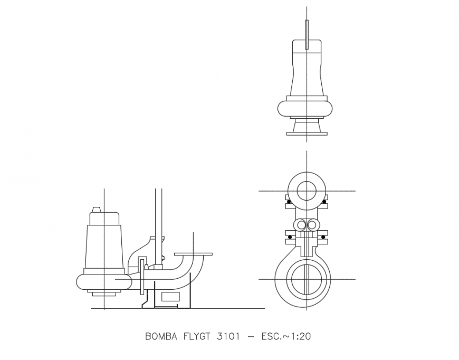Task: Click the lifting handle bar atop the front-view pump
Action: [x=307, y=35]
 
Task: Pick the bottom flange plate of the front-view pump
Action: [x=307, y=134]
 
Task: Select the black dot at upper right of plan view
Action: [x=323, y=202]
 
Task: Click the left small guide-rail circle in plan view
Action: [x=301, y=225]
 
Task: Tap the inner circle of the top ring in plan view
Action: [x=307, y=190]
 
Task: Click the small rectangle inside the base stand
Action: [x=170, y=297]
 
